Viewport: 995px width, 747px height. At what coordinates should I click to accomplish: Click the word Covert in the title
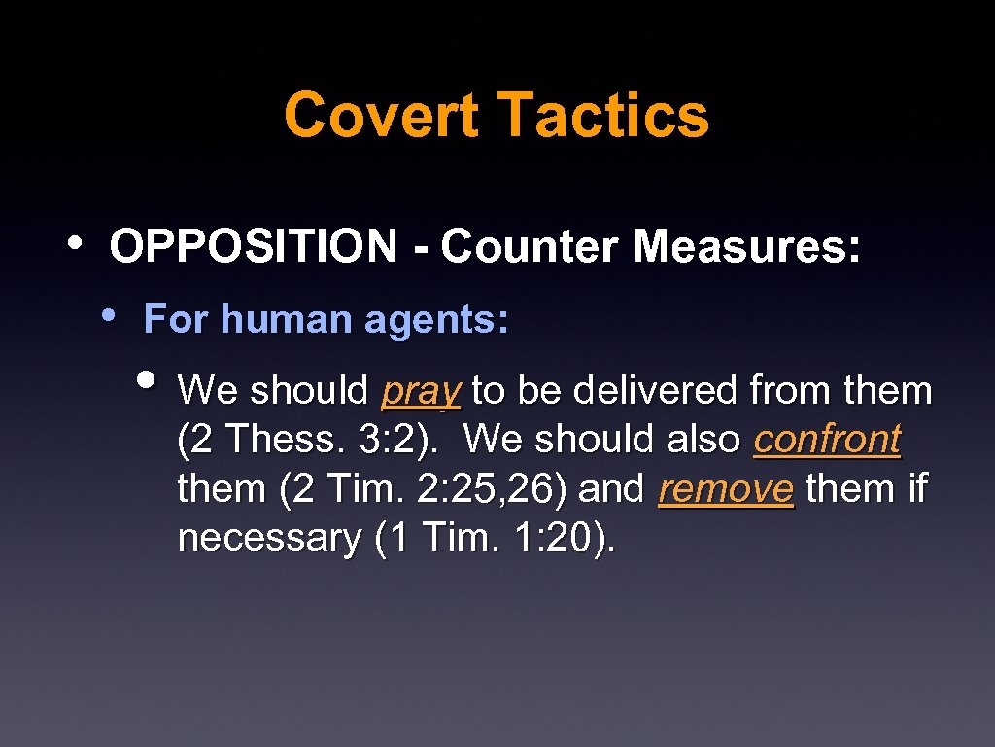pos(381,115)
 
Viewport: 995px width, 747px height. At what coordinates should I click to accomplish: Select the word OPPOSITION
pos(253,247)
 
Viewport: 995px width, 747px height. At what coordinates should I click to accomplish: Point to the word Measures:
pos(746,247)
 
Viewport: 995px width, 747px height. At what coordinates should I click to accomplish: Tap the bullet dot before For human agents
pos(112,314)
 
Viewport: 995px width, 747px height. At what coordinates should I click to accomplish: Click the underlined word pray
pos(421,392)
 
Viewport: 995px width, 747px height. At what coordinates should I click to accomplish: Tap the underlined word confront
pos(827,440)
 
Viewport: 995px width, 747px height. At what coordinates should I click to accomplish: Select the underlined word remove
pos(726,488)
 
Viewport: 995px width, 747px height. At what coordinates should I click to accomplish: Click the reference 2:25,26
pos(491,488)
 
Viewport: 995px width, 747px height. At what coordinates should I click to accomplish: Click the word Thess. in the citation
pos(291,440)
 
